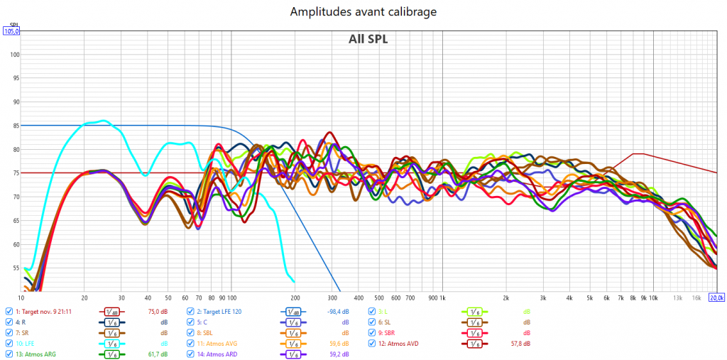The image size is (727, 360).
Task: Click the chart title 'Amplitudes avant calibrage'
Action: (x=363, y=13)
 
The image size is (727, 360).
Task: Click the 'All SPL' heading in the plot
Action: (x=368, y=39)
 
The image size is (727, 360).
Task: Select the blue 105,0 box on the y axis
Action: (x=12, y=31)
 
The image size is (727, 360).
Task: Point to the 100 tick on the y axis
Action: (x=15, y=55)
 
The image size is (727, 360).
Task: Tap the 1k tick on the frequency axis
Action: (x=442, y=298)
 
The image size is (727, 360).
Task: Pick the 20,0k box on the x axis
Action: (x=718, y=298)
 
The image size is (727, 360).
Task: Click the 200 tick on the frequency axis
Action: (x=295, y=298)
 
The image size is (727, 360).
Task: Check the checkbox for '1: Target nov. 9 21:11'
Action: (x=9, y=311)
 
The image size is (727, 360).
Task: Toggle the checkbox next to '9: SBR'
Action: (x=372, y=332)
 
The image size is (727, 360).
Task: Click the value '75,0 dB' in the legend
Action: (x=157, y=311)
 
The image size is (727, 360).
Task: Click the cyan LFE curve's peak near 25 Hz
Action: (x=104, y=121)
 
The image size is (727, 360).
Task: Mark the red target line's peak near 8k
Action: (x=638, y=153)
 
